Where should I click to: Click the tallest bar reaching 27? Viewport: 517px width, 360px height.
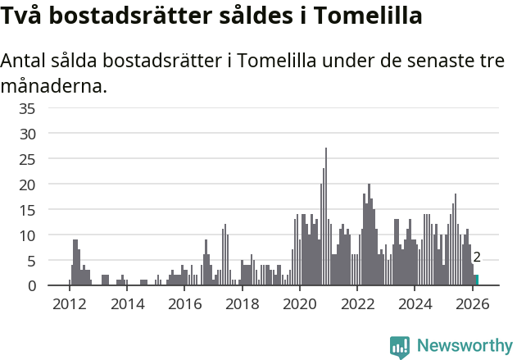[x=326, y=217]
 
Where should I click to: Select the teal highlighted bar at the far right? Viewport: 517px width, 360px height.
[x=477, y=280]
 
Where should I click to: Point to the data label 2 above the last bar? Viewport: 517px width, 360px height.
[x=477, y=257]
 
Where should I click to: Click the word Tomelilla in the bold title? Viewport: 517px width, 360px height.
[x=366, y=16]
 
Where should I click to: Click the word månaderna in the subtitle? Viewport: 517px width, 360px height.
[x=53, y=86]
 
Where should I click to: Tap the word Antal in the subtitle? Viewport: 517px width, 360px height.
[x=24, y=62]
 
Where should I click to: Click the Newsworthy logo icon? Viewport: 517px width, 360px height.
[x=400, y=346]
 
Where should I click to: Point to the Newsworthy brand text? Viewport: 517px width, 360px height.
[x=464, y=346]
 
